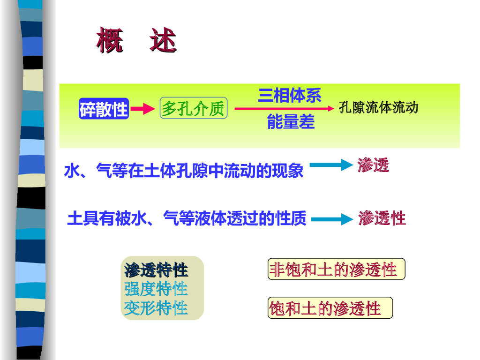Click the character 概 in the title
click(110, 40)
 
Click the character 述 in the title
click(163, 40)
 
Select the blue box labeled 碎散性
click(104, 109)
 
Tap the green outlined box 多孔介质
click(193, 108)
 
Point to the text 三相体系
click(289, 96)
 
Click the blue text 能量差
click(291, 122)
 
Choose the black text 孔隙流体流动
click(378, 108)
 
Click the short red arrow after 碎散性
click(142, 109)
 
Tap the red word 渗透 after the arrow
click(373, 165)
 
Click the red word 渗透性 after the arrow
click(382, 218)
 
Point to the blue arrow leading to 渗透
click(330, 165)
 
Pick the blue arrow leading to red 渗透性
click(331, 219)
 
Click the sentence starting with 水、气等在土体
click(184, 171)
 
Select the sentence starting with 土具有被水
click(187, 218)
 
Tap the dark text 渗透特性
click(156, 270)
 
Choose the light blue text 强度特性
click(156, 289)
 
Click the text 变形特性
click(156, 308)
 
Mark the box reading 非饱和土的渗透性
click(336, 270)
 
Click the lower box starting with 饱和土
click(330, 308)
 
